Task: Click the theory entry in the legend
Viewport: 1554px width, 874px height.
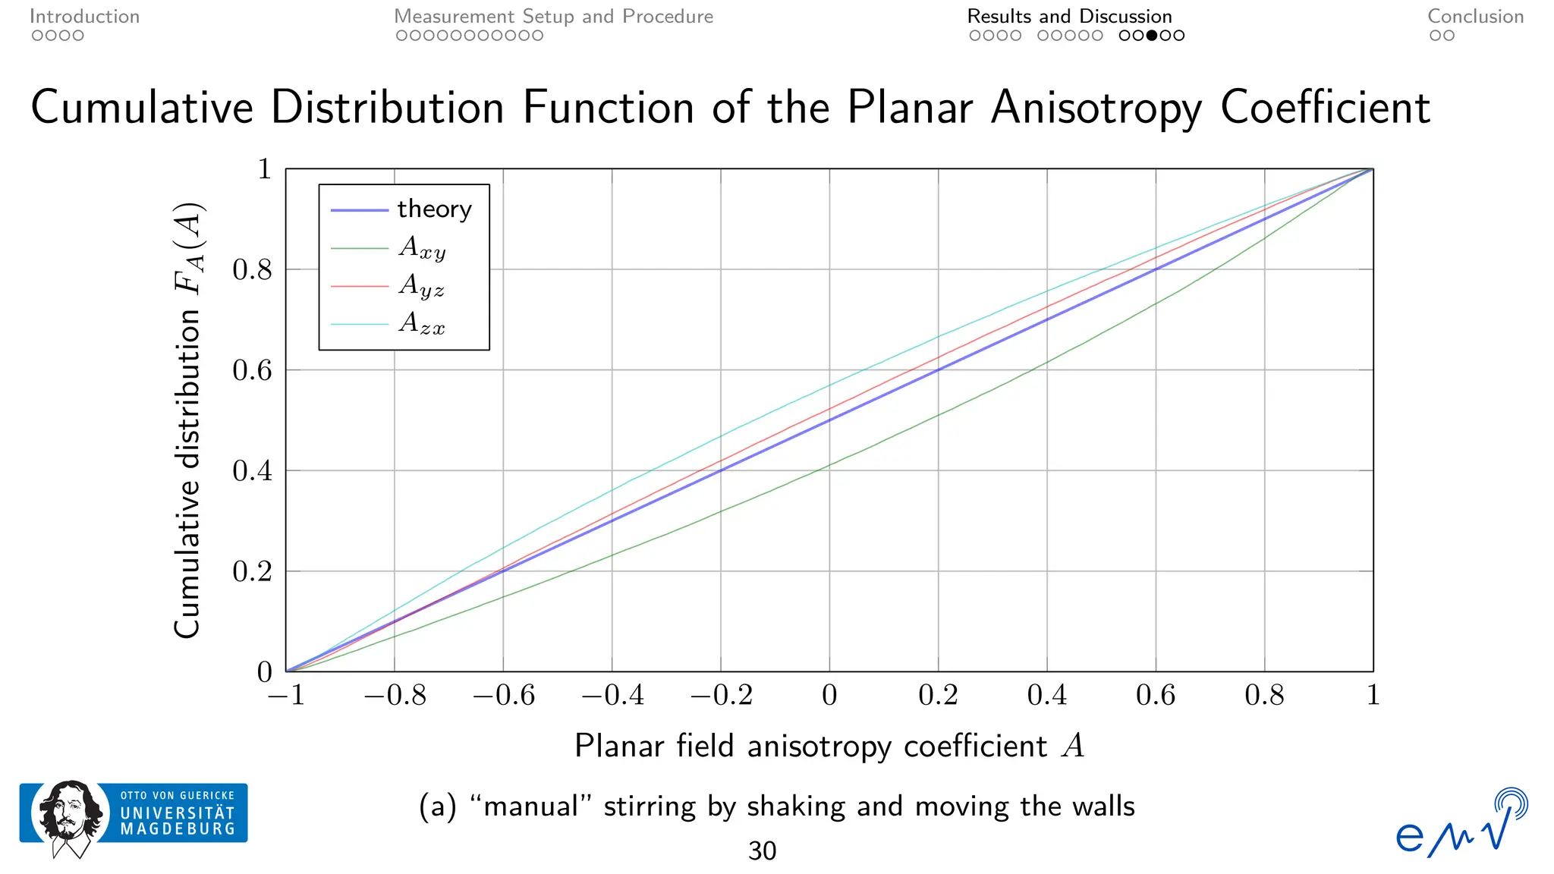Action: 434,209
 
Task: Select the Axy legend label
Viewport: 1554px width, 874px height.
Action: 422,247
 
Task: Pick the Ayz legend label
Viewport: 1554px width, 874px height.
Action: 421,286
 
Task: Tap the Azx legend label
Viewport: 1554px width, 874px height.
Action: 421,324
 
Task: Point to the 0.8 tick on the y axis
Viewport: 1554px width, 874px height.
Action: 252,270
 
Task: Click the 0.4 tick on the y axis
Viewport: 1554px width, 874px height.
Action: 252,471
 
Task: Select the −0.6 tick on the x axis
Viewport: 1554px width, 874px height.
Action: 504,695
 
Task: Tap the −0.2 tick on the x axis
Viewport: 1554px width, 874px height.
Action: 721,695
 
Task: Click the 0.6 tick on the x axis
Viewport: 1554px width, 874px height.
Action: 1156,695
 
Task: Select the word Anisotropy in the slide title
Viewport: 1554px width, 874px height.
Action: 1096,107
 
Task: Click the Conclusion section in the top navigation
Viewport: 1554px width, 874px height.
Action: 1475,17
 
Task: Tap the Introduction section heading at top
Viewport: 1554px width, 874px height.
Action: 84,17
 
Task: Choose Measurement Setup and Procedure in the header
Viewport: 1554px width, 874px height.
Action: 553,17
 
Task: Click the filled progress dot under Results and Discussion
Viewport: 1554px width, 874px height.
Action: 1152,36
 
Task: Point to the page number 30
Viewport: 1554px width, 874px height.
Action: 762,851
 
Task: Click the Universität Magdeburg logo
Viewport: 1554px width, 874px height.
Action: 134,816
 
